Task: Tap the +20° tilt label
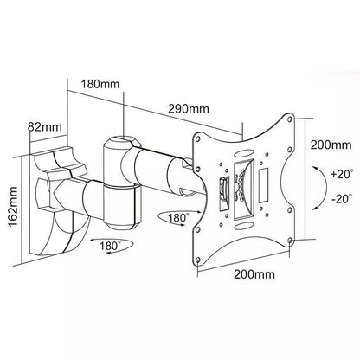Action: tap(338, 174)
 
